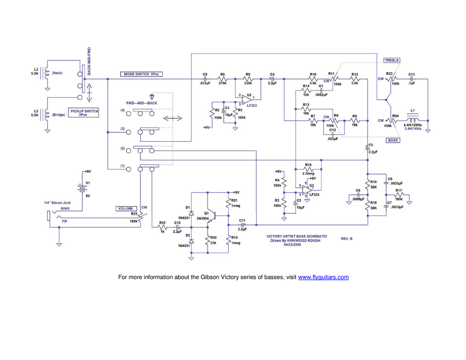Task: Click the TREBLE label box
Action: coord(392,60)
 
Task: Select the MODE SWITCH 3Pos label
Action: coord(142,74)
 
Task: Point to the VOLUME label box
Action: coord(125,209)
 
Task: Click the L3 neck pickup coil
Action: coord(46,72)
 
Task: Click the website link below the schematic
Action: coord(323,278)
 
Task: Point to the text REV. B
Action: coord(346,238)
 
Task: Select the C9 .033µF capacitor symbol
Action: coord(205,79)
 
